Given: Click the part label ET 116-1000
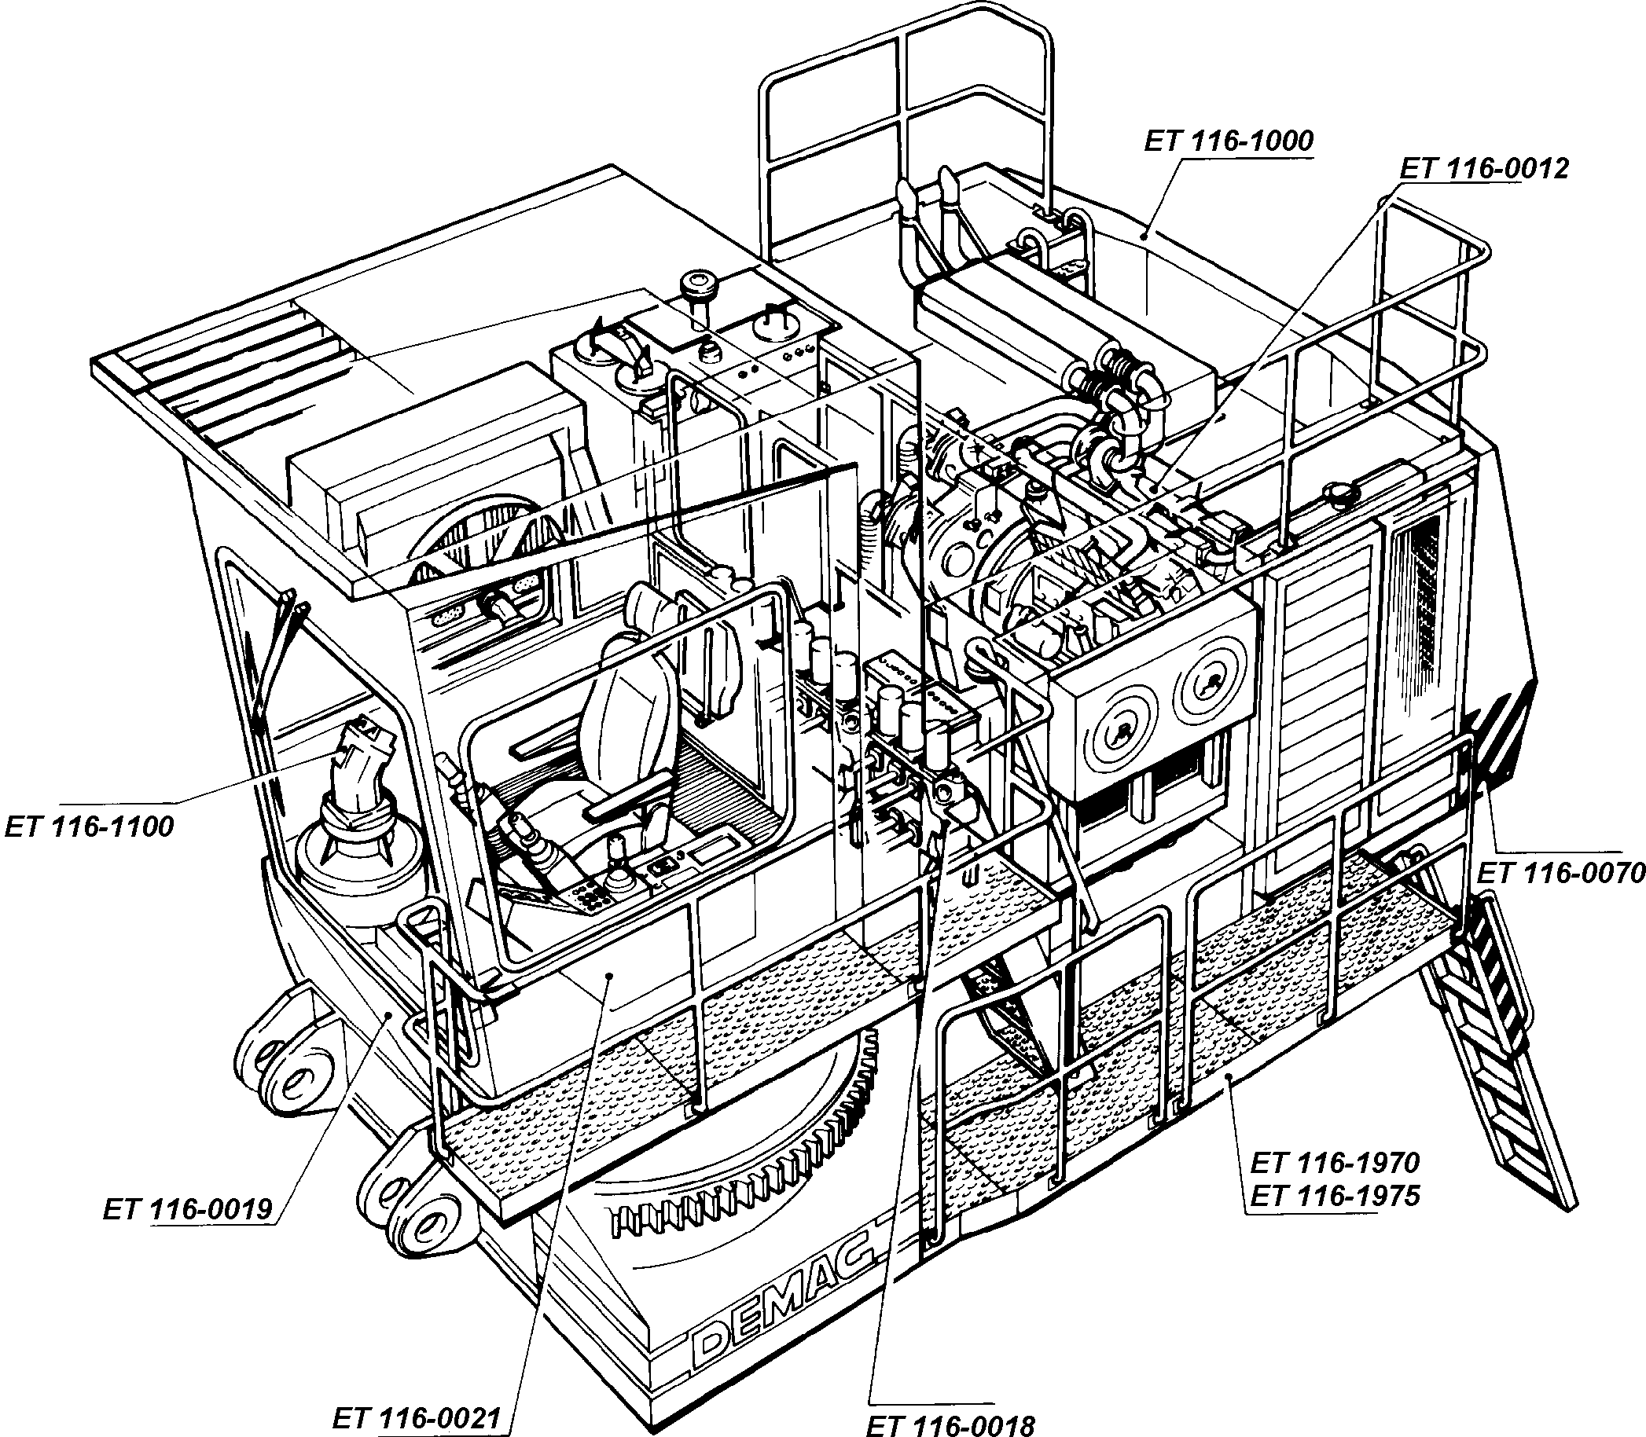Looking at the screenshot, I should point(1228,142).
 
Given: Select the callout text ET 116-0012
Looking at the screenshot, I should point(1483,169).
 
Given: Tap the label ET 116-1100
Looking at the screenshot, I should point(89,827).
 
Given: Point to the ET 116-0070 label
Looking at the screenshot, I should point(1560,873).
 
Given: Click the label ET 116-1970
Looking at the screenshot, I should point(1335,1162).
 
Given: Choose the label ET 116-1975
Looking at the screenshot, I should point(1335,1196).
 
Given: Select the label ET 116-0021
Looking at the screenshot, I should point(417,1419).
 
